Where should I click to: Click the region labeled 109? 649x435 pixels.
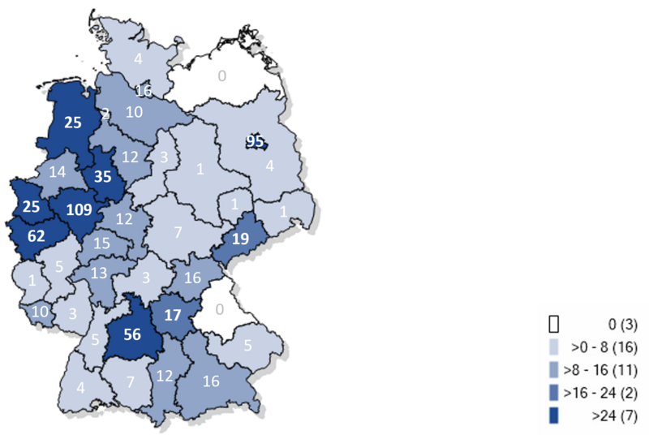pos(79,209)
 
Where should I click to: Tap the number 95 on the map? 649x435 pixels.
pos(256,142)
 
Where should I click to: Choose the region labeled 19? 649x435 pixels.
pos(240,239)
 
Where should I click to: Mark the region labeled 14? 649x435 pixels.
pos(57,171)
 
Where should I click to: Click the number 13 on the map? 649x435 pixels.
pos(98,272)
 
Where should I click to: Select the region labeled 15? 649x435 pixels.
pos(101,243)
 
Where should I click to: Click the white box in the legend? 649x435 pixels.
pos(554,325)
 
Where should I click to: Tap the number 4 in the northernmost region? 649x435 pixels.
pos(138,58)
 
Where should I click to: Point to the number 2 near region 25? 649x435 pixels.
pos(105,113)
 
